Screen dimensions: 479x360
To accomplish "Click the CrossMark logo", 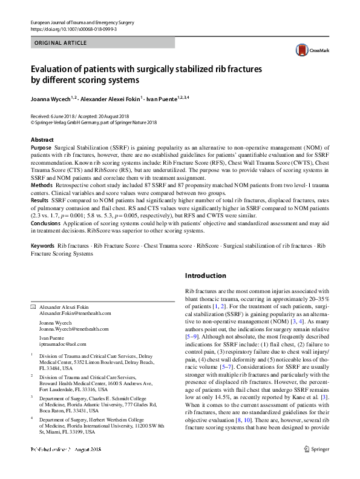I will [309, 50].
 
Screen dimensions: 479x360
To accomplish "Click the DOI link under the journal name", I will [73, 29].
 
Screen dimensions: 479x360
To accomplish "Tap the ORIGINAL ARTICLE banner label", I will [61, 43].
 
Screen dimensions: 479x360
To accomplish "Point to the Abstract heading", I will [42, 140].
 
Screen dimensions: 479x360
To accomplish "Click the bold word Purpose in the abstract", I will [41, 148].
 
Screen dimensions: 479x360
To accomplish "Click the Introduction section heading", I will [205, 276].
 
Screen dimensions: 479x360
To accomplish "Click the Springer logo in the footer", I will [318, 466].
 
